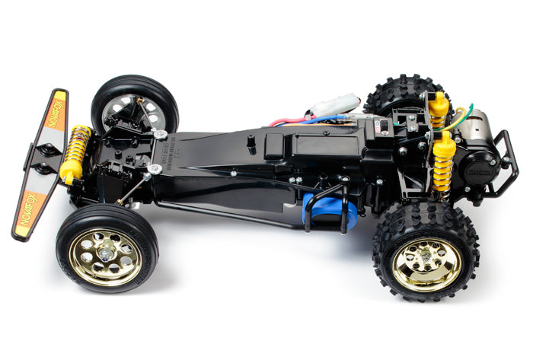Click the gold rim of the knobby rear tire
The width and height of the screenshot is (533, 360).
[426, 263]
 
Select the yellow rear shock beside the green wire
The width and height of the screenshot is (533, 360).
[438, 109]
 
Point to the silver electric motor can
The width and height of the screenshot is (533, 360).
[476, 130]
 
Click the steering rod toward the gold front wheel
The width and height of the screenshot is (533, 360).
[134, 187]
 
